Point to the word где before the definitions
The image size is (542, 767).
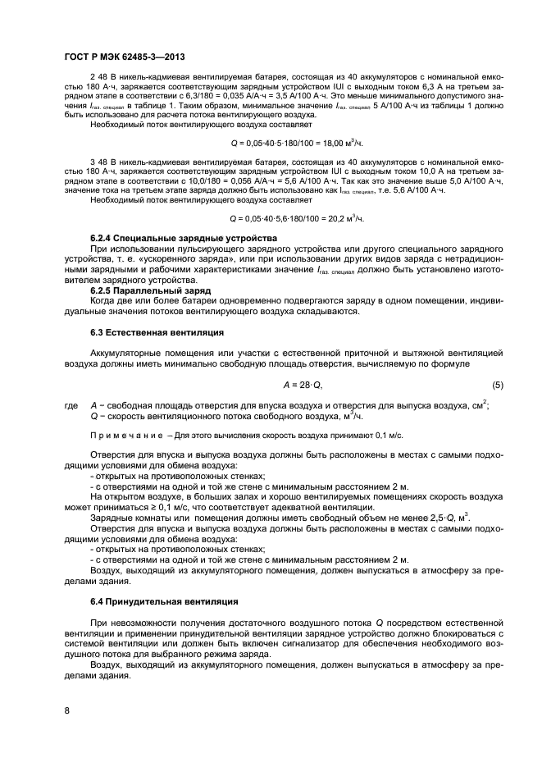(x=71, y=405)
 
